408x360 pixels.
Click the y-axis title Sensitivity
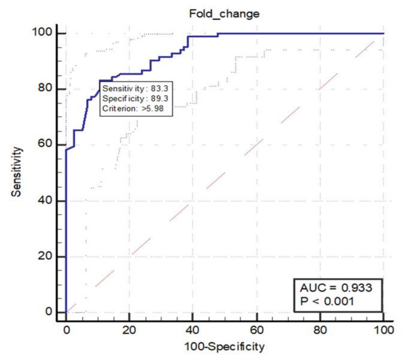coord(18,173)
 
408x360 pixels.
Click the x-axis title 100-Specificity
coord(223,346)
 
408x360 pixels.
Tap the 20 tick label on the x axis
coord(129,329)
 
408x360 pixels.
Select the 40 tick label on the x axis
coord(193,329)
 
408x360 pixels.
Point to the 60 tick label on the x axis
coord(256,329)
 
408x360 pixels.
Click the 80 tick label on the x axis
coord(320,329)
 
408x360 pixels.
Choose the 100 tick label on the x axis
coord(383,329)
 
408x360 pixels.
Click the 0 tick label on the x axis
coord(67,329)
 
